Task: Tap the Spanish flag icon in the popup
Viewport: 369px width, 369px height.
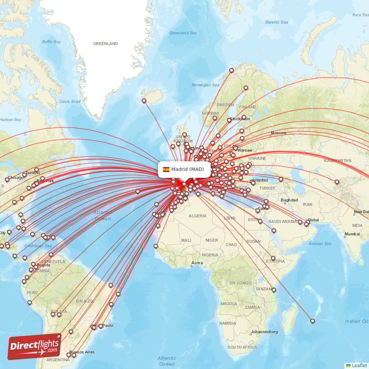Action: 166,169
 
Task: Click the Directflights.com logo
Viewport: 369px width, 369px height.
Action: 35,346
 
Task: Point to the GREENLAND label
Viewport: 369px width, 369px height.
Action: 106,44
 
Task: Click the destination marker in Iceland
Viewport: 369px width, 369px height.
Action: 144,101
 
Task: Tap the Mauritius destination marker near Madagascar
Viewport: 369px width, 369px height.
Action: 313,321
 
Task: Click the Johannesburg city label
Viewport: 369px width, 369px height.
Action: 264,332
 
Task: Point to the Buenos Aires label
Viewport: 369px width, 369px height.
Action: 82,352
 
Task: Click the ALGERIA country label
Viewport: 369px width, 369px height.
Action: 197,216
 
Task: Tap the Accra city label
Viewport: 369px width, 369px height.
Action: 197,263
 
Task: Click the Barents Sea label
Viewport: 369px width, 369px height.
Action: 277,22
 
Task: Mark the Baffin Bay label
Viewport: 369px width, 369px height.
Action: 52,42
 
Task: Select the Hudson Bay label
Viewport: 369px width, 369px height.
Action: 11,119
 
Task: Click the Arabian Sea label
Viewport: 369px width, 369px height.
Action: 320,244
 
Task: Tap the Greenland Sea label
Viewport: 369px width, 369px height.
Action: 183,33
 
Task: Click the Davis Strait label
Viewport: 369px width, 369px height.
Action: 70,101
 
